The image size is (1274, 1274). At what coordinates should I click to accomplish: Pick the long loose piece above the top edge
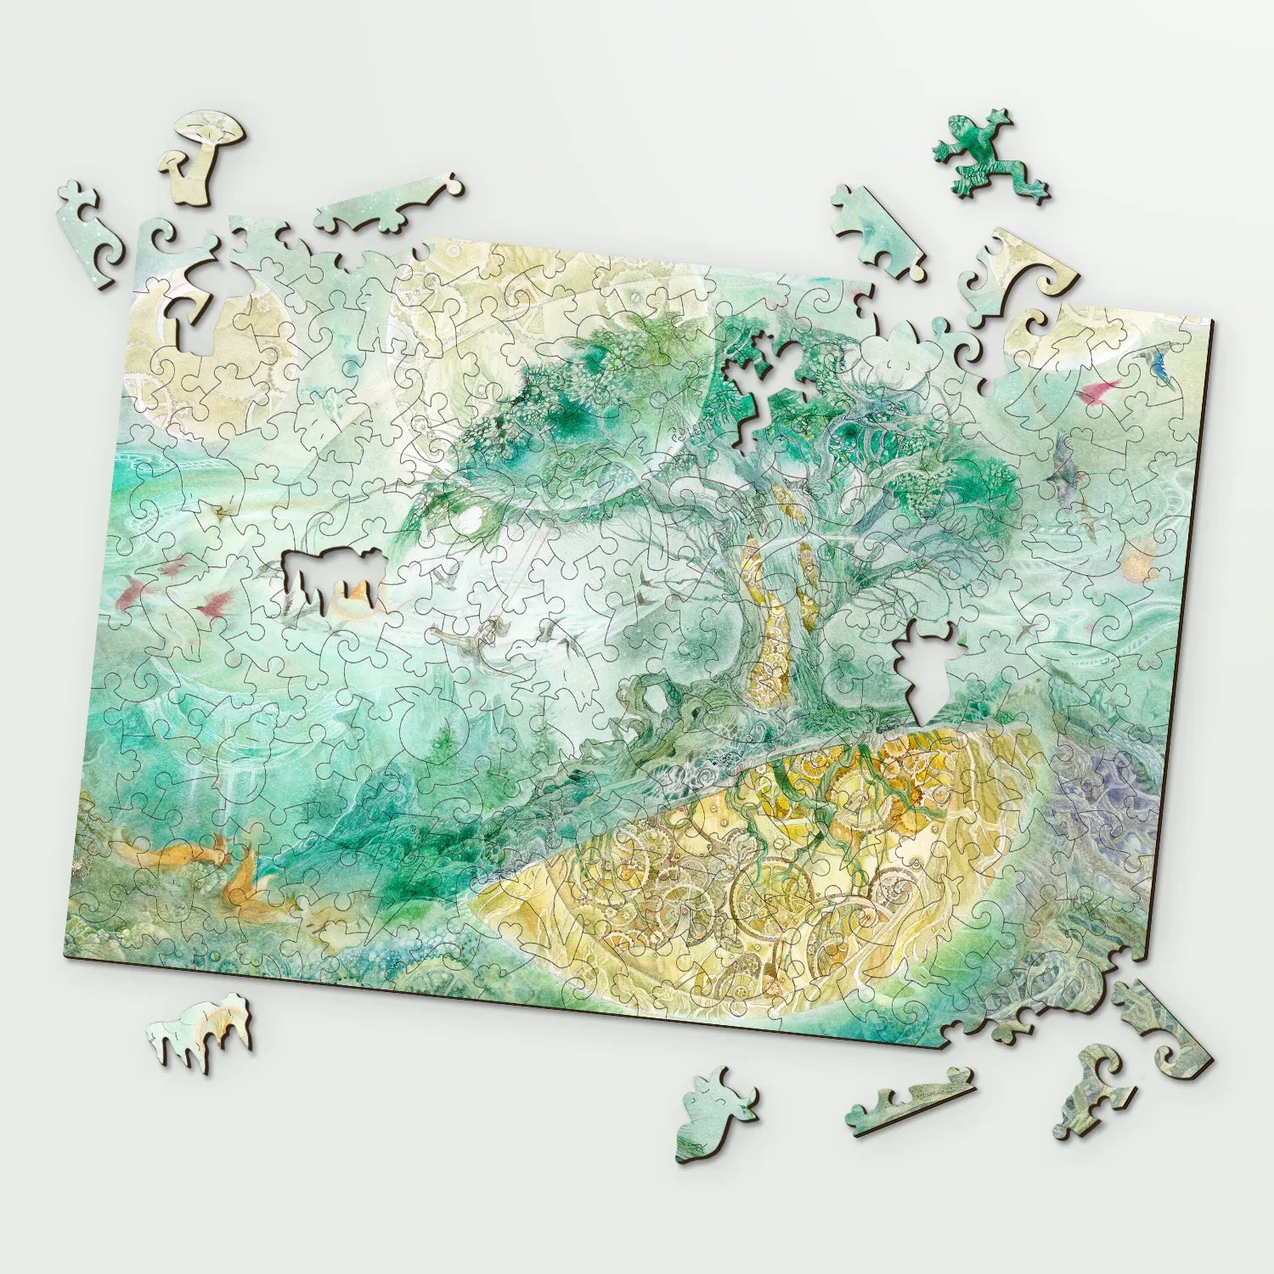pyautogui.click(x=386, y=208)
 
